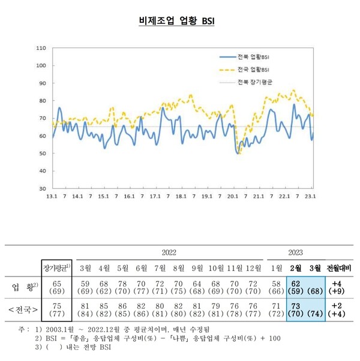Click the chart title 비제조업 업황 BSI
176,22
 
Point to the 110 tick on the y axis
41,47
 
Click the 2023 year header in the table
295,252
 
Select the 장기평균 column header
56,267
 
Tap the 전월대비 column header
339,267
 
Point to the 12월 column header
254,267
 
